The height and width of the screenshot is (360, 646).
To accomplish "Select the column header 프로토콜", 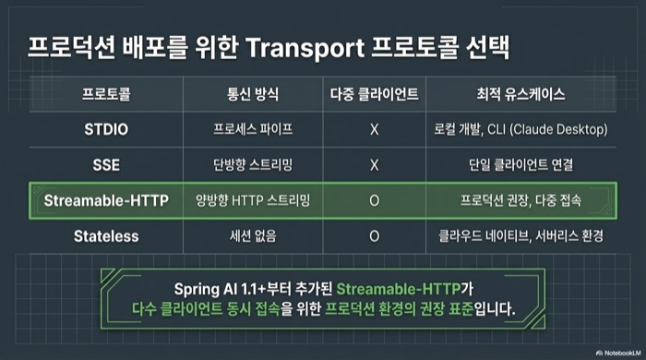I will (x=106, y=94).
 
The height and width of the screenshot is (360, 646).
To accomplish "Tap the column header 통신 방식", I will (x=252, y=94).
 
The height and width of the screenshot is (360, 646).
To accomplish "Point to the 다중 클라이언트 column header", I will (x=374, y=94).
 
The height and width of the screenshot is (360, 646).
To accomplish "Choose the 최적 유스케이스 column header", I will (x=520, y=94).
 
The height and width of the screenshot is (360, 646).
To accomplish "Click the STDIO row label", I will (x=106, y=129).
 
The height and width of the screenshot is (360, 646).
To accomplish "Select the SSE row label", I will (x=106, y=164).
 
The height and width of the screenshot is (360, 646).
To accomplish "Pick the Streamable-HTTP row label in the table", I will (x=106, y=200).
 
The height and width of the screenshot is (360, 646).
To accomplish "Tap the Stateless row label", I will (x=106, y=235).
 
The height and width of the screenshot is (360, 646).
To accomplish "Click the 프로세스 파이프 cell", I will (x=252, y=129).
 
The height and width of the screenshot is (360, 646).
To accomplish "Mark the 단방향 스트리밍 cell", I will (x=252, y=164).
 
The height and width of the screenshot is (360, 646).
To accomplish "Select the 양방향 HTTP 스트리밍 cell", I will (x=252, y=200).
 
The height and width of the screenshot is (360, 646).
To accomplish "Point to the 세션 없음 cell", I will (x=252, y=235).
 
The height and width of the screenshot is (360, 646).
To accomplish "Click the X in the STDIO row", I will (x=374, y=129).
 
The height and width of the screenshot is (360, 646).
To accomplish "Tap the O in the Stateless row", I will (x=374, y=235).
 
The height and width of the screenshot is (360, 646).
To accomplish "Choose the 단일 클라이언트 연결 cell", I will (x=520, y=164).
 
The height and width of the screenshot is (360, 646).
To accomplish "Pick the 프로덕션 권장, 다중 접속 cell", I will (x=520, y=200).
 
